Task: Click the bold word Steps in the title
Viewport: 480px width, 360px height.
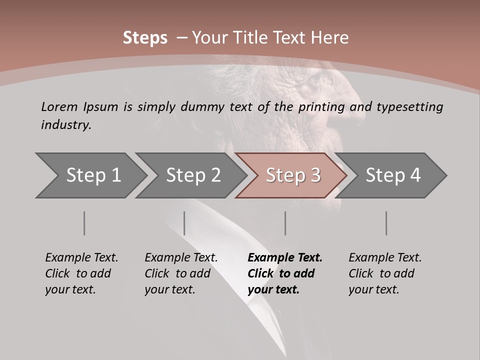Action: (145, 37)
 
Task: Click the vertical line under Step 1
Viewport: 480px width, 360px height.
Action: (84, 223)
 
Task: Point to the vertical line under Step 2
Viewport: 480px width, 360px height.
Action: (184, 223)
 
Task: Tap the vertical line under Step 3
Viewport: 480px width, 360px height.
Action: (285, 223)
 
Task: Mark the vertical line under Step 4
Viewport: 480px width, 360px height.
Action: (386, 223)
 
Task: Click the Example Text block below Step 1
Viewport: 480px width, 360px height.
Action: (81, 273)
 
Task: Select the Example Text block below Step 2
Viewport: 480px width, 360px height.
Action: (181, 273)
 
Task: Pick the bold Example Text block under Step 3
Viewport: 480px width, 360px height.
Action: (285, 273)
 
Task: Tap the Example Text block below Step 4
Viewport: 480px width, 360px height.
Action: (385, 273)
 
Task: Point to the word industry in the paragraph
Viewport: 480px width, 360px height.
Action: (66, 125)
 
